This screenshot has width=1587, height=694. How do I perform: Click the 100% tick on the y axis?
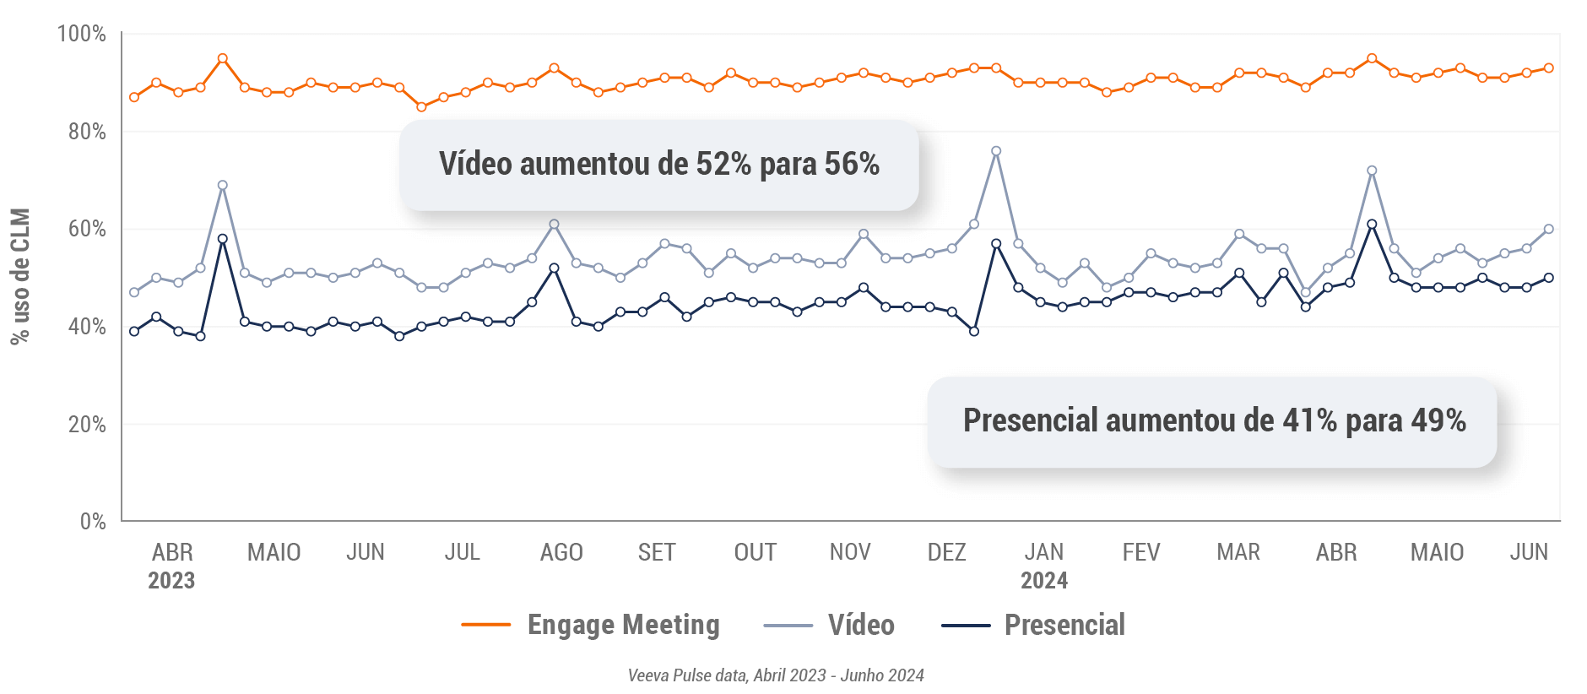81,34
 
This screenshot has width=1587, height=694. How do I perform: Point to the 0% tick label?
93,522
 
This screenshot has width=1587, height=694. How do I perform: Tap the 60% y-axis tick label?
87,229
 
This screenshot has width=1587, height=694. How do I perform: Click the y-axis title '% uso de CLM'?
20,276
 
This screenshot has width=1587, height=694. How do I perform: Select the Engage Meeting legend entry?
590,625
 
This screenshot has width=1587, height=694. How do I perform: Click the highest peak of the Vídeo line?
996,152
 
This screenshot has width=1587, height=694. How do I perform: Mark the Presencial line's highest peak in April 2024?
1372,225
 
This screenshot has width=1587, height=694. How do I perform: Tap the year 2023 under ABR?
171,581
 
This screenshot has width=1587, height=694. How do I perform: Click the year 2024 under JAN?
1044,581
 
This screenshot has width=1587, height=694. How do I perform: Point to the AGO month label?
561,552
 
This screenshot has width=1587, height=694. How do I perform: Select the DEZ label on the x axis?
946,552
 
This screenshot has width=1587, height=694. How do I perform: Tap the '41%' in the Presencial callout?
1309,420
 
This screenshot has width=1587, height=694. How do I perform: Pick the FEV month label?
1141,552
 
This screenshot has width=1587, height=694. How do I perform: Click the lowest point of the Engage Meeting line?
421,107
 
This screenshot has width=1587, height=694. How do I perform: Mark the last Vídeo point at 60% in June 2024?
1548,229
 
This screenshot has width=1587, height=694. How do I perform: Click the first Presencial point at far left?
134,332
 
